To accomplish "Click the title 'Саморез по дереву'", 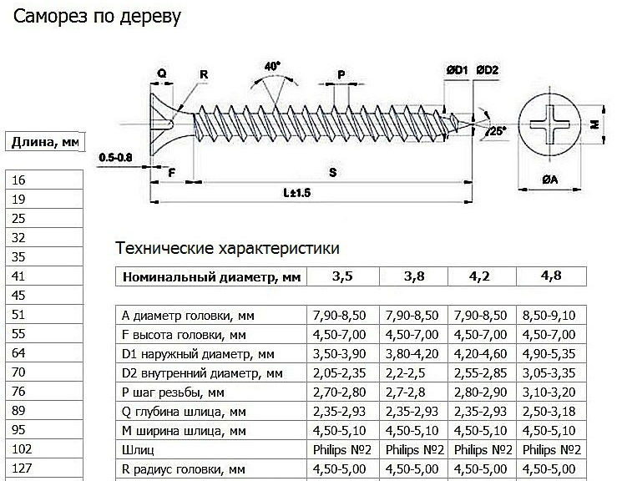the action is point(97,17).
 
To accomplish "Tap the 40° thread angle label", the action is point(272,66).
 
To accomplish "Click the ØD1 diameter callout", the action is point(457,70).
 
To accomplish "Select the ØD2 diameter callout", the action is point(487,70).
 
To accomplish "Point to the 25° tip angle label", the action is point(498,130).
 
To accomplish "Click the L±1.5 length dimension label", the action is point(296,193).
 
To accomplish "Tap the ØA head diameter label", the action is point(550,180).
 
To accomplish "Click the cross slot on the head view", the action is point(550,124).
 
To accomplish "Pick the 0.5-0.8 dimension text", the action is point(115,158).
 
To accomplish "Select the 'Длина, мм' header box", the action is point(45,142).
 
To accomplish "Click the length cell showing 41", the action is point(44,276).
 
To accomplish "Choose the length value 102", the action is point(44,449).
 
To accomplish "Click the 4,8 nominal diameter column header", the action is point(551,276).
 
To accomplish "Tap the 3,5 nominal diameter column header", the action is point(343,276).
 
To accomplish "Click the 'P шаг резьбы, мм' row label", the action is point(173,392).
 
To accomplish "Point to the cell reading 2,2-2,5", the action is point(406,373).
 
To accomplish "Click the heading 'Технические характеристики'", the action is point(227,249).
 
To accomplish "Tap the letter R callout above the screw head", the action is point(204,74).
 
